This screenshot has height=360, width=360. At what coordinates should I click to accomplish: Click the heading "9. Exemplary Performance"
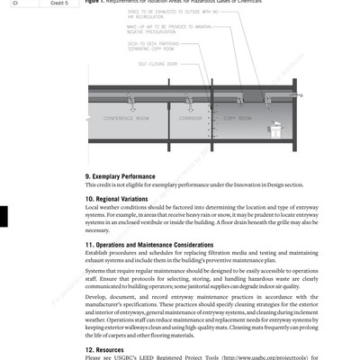125,176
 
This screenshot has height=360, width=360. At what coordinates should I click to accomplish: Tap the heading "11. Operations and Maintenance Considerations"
162,244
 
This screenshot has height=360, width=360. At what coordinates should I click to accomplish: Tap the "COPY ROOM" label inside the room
235,119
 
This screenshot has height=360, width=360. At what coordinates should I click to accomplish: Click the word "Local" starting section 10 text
93,207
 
